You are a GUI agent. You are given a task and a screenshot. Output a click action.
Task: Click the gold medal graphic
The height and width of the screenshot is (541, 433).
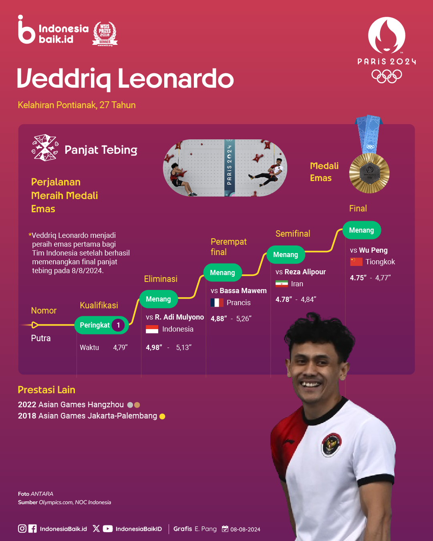tap(369, 173)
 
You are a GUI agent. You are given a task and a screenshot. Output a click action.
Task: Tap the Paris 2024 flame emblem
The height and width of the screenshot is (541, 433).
tap(387, 35)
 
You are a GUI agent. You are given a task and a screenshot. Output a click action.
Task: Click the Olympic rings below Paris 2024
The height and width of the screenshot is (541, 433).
tap(387, 76)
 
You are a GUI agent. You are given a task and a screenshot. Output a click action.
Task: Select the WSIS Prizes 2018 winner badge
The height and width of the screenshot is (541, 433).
tap(105, 34)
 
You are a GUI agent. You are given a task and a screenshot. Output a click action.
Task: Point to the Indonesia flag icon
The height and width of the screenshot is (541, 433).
tap(152, 329)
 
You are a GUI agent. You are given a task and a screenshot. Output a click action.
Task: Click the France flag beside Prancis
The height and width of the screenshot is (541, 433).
tap(217, 302)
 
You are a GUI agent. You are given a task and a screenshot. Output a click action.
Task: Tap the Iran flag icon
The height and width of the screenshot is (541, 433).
tap(282, 284)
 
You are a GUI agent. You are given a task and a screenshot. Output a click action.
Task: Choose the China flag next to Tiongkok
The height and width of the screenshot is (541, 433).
tap(356, 262)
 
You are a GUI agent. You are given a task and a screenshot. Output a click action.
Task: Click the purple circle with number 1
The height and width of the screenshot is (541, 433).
tap(118, 325)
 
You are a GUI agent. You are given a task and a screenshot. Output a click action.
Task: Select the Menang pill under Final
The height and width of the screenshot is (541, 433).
tap(362, 230)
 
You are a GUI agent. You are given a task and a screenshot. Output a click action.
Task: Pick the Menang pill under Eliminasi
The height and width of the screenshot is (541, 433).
tap(158, 299)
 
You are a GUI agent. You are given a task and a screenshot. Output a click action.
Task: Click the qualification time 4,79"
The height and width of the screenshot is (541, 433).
tap(121, 348)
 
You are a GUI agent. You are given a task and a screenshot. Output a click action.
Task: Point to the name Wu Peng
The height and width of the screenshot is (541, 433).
tap(373, 250)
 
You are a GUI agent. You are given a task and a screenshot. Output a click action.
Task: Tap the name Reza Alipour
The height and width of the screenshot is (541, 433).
tap(305, 272)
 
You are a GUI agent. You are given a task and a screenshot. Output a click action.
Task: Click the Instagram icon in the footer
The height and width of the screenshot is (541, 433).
tap(22, 529)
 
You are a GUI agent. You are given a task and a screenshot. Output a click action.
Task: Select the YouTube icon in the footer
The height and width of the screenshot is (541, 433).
tap(108, 529)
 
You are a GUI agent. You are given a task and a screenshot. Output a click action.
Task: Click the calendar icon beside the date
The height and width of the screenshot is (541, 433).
tap(225, 529)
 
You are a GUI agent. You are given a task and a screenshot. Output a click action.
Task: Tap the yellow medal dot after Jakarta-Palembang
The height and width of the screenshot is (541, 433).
tap(163, 416)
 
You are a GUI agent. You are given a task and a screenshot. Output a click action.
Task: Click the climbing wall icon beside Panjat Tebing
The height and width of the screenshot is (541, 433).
tap(45, 148)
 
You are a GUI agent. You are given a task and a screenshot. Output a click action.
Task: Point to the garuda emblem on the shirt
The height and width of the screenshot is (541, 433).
tap(331, 445)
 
